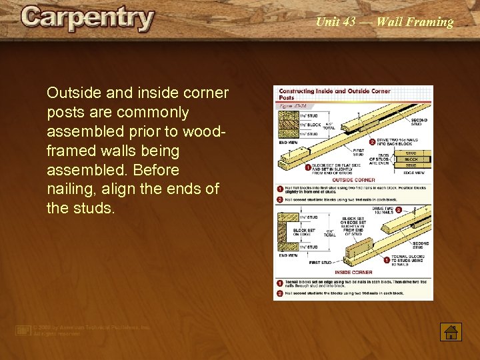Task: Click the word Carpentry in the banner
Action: [x=87, y=19]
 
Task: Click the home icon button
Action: [x=451, y=331]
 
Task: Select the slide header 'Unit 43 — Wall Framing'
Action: [x=384, y=22]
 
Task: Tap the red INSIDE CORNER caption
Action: [x=353, y=272]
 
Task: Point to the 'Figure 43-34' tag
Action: [x=293, y=105]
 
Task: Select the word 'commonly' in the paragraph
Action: [x=156, y=112]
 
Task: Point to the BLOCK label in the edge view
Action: [x=411, y=160]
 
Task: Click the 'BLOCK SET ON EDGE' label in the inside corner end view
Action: [x=304, y=233]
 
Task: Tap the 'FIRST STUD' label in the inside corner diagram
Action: [x=321, y=263]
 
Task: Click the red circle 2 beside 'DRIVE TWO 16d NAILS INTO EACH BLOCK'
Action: [x=372, y=142]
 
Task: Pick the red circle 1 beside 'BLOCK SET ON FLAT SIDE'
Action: [x=307, y=167]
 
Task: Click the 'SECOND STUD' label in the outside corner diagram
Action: [x=419, y=122]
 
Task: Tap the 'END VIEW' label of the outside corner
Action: [x=288, y=142]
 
